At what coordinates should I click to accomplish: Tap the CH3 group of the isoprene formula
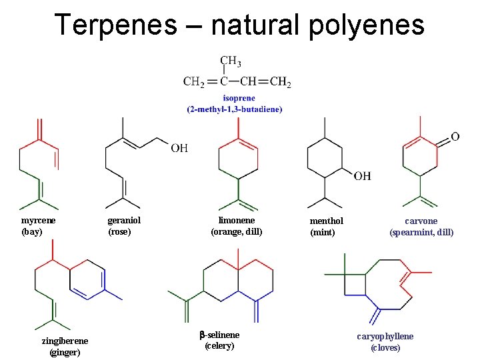pos(231,62)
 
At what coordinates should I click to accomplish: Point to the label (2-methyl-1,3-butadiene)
pos(235,109)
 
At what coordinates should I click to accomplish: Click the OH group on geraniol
pos(179,147)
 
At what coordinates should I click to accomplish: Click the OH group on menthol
pos(363,176)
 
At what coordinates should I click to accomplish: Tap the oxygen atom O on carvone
pos(455,137)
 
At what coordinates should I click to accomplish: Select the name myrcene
pos(39,221)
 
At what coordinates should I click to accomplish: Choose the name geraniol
pos(124,221)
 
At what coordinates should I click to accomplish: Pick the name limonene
pos(237,221)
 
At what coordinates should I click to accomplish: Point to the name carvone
pos(421,221)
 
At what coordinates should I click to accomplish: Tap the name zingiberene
pos(65,341)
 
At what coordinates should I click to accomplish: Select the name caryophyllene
pos(385,337)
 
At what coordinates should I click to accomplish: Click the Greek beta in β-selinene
pos(202,334)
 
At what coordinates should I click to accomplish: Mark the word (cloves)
pos(385,347)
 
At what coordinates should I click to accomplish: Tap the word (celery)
pos(219,345)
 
